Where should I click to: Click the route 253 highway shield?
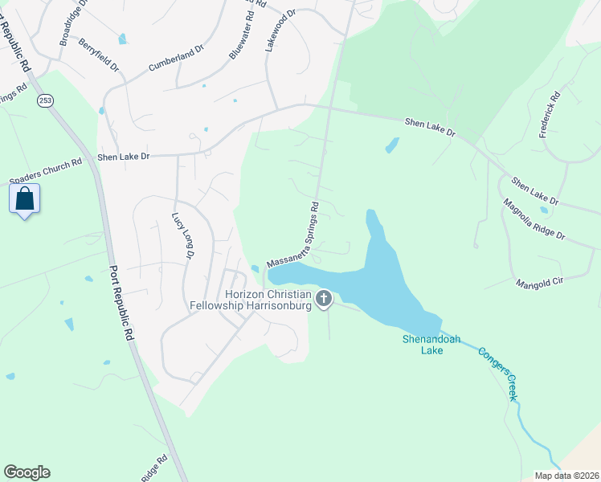pos(45,100)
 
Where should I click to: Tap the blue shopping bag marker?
pos(24,199)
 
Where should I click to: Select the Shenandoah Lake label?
pos(431,345)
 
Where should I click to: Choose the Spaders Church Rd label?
pos(46,170)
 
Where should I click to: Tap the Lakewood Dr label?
pos(280,31)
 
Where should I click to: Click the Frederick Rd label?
pos(552,115)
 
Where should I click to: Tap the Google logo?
pos(27,472)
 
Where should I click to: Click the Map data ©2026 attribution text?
pos(566,476)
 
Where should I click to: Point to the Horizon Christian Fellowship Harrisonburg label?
pos(247,300)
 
